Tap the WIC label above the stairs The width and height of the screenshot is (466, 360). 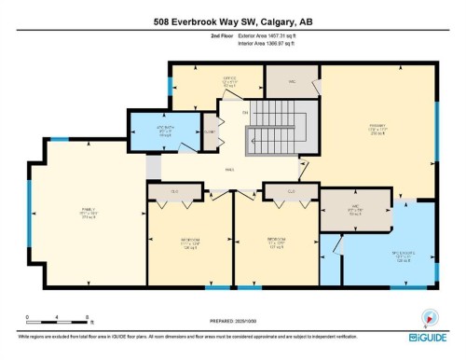[291, 83]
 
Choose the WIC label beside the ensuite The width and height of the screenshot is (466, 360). [356, 210]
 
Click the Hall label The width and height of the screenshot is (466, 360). [228, 169]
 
